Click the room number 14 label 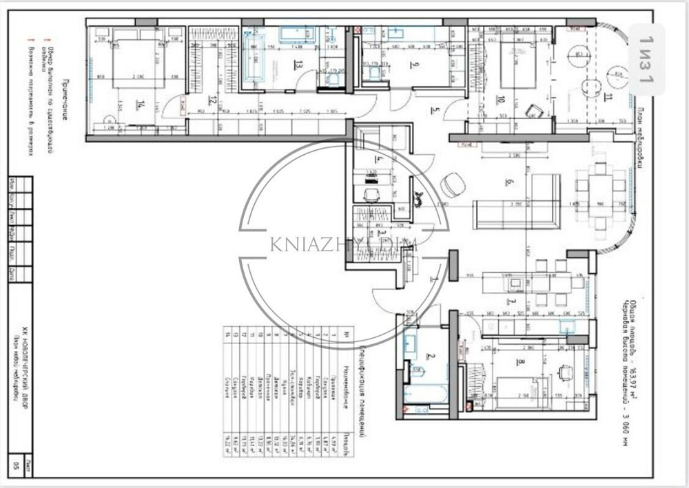(x=141, y=105)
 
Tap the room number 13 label (x=298, y=66)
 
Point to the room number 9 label (x=414, y=66)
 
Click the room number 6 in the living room (x=509, y=182)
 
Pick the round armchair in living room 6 (x=453, y=184)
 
